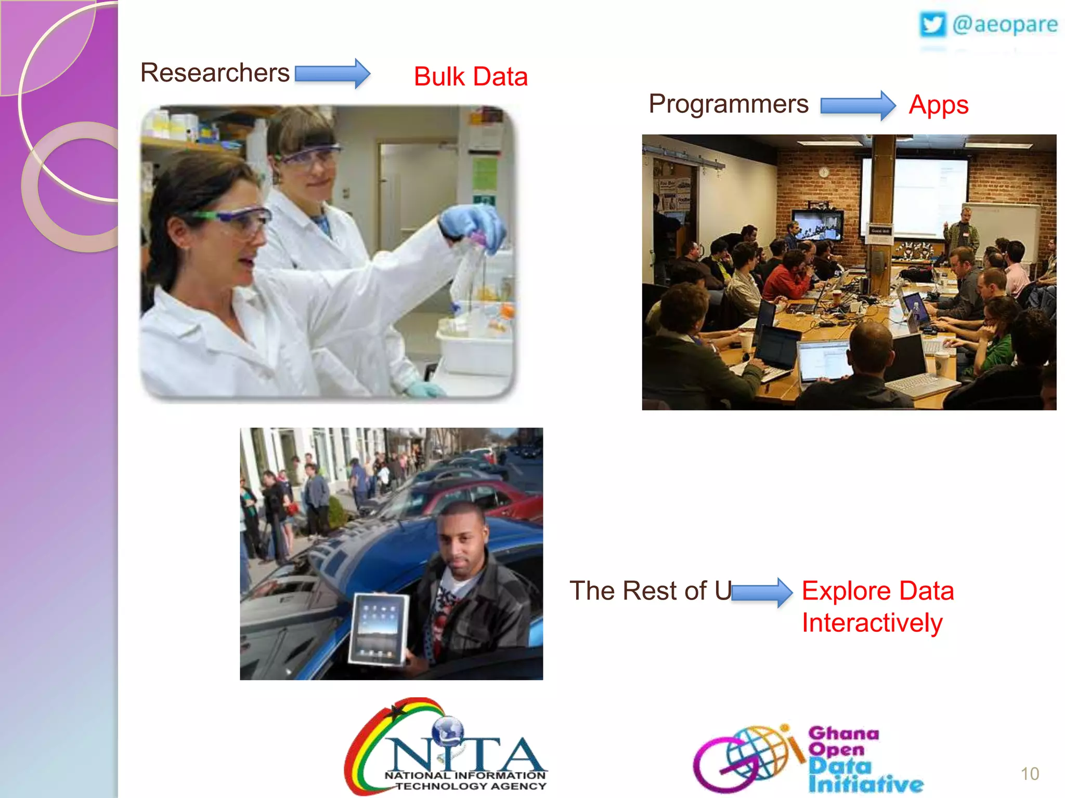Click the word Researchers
point(215,73)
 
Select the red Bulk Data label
point(471,77)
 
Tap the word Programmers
point(729,104)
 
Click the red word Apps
point(939,105)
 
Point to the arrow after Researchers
point(332,74)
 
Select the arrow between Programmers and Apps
point(858,105)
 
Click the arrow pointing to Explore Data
point(762,592)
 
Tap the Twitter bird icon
point(932,24)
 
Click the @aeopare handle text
point(1005,24)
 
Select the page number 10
point(1030,774)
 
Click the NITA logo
point(446,748)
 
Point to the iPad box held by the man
point(379,629)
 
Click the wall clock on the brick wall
point(824,172)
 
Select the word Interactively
point(872,623)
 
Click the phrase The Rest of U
point(650,591)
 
